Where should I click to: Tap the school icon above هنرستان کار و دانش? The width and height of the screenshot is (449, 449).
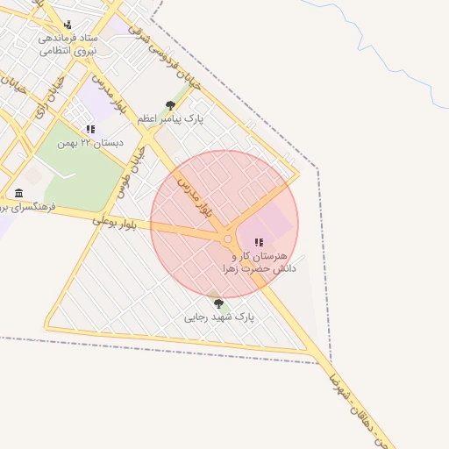coord(259,242)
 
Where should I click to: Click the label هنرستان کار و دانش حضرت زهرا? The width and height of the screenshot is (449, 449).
coord(259,261)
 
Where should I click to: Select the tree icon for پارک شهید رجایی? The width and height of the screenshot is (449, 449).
coord(218,303)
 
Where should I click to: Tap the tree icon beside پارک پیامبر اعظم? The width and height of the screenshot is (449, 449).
coord(170,106)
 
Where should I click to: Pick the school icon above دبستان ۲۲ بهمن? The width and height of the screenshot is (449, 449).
coord(90,129)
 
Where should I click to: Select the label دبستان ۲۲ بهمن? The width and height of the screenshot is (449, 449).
coord(90,142)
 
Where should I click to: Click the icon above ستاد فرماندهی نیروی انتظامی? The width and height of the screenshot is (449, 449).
coord(68,25)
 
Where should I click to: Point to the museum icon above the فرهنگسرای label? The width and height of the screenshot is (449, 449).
coord(18,193)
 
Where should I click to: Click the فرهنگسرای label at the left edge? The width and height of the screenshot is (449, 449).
coord(26,207)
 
